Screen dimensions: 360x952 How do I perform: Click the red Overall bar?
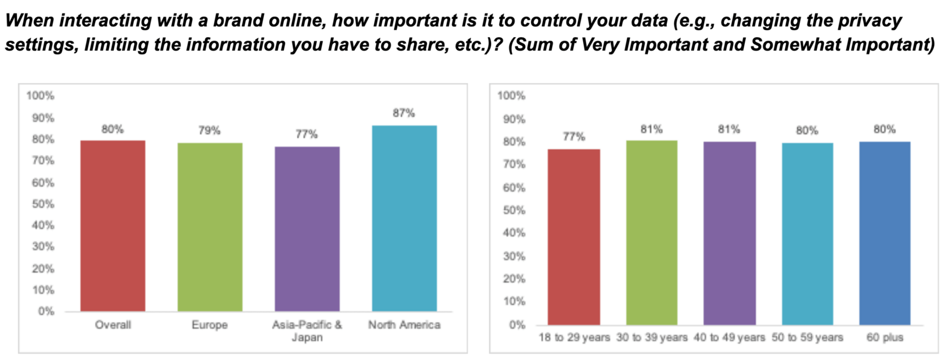tap(113, 226)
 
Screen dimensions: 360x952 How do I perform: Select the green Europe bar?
tap(210, 227)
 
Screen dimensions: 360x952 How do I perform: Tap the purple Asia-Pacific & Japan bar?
tap(307, 229)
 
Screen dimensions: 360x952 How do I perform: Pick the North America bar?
tap(404, 218)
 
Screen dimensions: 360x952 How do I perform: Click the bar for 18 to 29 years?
tap(574, 237)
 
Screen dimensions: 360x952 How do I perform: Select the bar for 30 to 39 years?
tap(651, 232)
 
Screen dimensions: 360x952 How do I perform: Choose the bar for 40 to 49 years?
tap(729, 233)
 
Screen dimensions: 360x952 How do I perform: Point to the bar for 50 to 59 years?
tap(807, 233)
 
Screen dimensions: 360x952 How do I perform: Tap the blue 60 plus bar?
tap(885, 233)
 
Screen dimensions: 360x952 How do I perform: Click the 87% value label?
tap(403, 113)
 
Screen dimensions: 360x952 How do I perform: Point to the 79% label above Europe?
tap(209, 131)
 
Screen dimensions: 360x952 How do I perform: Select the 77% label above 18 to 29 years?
tap(574, 137)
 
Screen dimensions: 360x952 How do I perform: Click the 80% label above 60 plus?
tap(885, 129)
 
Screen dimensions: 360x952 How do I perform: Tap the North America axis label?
tap(404, 325)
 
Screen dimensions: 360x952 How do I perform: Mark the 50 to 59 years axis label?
tap(807, 337)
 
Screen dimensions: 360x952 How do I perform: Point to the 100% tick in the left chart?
tap(40, 96)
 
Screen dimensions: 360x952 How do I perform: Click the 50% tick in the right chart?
tap(514, 210)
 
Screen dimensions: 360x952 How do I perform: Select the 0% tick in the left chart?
tap(46, 312)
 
